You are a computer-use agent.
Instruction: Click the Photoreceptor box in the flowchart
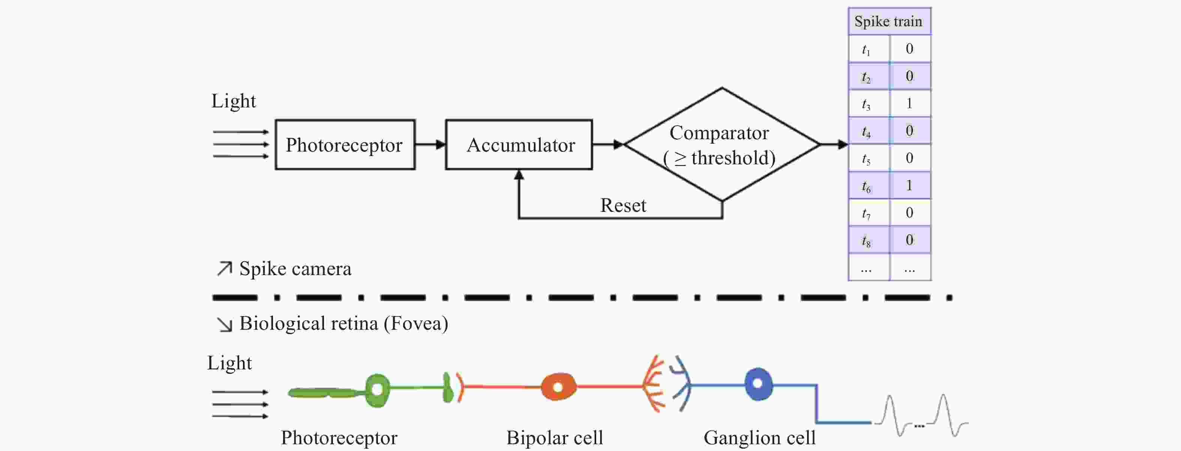pyautogui.click(x=345, y=145)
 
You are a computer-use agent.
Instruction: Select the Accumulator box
pyautogui.click(x=519, y=145)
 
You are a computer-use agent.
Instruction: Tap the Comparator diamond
pyautogui.click(x=722, y=144)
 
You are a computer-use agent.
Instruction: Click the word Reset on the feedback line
pyautogui.click(x=623, y=205)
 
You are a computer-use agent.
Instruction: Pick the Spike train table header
pyautogui.click(x=889, y=21)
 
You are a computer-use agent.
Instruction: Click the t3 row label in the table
pyautogui.click(x=866, y=104)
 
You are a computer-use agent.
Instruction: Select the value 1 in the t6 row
pyautogui.click(x=910, y=185)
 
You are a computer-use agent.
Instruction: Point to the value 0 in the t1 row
pyautogui.click(x=910, y=49)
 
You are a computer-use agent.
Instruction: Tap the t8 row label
pyautogui.click(x=866, y=240)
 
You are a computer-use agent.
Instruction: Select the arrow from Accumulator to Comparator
pyautogui.click(x=607, y=145)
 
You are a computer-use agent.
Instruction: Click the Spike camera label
pyautogui.click(x=295, y=269)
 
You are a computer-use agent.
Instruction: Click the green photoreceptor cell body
pyautogui.click(x=377, y=390)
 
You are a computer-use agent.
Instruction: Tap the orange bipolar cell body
pyautogui.click(x=558, y=387)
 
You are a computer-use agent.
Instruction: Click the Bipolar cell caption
pyautogui.click(x=554, y=438)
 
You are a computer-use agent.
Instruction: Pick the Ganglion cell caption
pyautogui.click(x=759, y=438)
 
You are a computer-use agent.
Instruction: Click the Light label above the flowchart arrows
pyautogui.click(x=233, y=101)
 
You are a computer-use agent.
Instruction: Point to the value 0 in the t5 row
pyautogui.click(x=910, y=158)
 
